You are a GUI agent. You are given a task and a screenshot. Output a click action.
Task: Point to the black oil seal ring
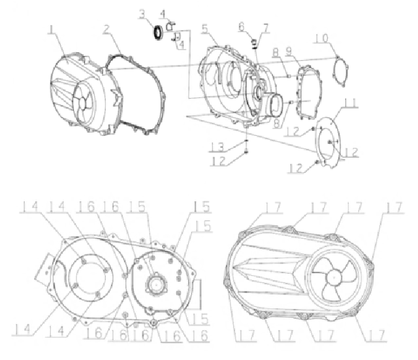[158, 33]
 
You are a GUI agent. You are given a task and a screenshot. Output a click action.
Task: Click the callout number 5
[204, 29]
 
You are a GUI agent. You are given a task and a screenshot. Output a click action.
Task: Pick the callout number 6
[241, 26]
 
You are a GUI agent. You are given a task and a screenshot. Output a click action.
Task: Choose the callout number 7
[266, 27]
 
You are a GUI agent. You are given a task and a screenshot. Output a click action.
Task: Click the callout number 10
[321, 38]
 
